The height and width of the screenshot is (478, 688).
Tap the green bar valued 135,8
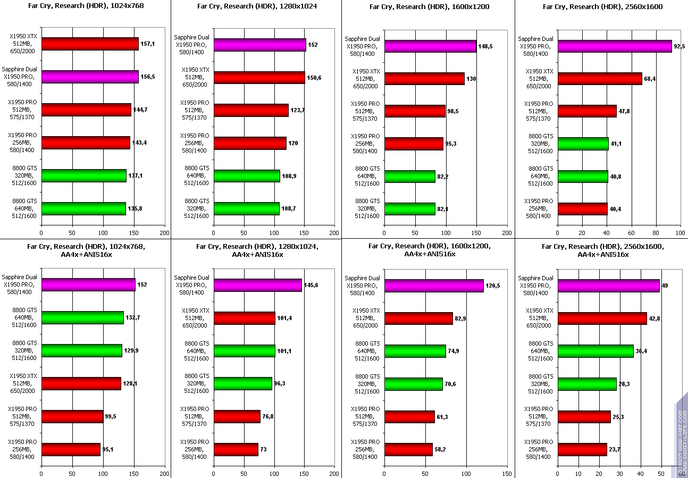point(83,208)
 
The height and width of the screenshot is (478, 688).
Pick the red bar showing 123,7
point(251,111)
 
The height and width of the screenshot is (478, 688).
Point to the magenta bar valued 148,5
point(430,46)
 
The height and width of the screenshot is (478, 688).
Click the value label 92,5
point(679,46)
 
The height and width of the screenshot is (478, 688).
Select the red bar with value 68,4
point(600,79)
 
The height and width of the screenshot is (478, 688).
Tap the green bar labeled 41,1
point(583,144)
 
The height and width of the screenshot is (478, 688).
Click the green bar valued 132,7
point(82,317)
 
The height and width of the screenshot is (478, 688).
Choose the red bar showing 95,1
point(71,449)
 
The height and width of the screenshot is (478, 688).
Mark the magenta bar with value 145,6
point(258,285)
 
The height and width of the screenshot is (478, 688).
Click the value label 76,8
point(270,416)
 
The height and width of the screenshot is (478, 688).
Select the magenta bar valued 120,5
point(434,286)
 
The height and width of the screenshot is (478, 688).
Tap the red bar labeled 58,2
point(408,449)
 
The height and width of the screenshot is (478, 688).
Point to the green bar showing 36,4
point(595,351)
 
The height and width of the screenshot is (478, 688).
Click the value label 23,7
point(615,449)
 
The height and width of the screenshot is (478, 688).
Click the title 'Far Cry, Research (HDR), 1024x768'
point(86,6)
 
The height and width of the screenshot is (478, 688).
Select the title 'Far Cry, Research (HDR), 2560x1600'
point(603,6)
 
